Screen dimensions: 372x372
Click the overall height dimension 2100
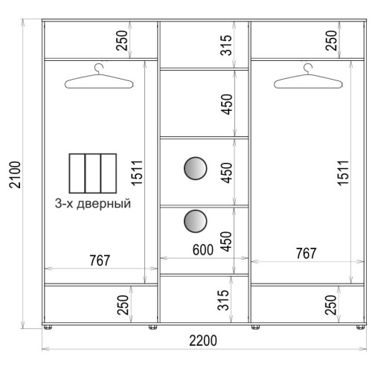tap(15, 174)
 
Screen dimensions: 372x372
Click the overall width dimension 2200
tap(203, 340)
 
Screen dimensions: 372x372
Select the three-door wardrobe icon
tap(93, 173)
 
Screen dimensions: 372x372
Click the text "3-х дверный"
tap(93, 204)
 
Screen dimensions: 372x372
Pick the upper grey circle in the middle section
tap(196, 168)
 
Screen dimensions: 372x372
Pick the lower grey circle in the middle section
tap(196, 221)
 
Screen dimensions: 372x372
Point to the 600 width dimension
tap(203, 250)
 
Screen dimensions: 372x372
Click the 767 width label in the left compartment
tap(100, 260)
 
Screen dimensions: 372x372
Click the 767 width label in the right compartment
tap(307, 254)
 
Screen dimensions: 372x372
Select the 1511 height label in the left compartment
tap(137, 173)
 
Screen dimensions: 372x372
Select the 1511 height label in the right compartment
tap(343, 173)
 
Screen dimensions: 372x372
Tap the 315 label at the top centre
tap(226, 45)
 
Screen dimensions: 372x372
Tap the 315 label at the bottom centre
tap(223, 300)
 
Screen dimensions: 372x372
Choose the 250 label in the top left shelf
tap(122, 40)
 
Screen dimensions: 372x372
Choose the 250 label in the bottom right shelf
tap(331, 305)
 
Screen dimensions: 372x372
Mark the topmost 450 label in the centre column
tap(227, 104)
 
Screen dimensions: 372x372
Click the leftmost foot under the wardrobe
tap(48, 327)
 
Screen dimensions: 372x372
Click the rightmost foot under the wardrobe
tap(361, 327)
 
